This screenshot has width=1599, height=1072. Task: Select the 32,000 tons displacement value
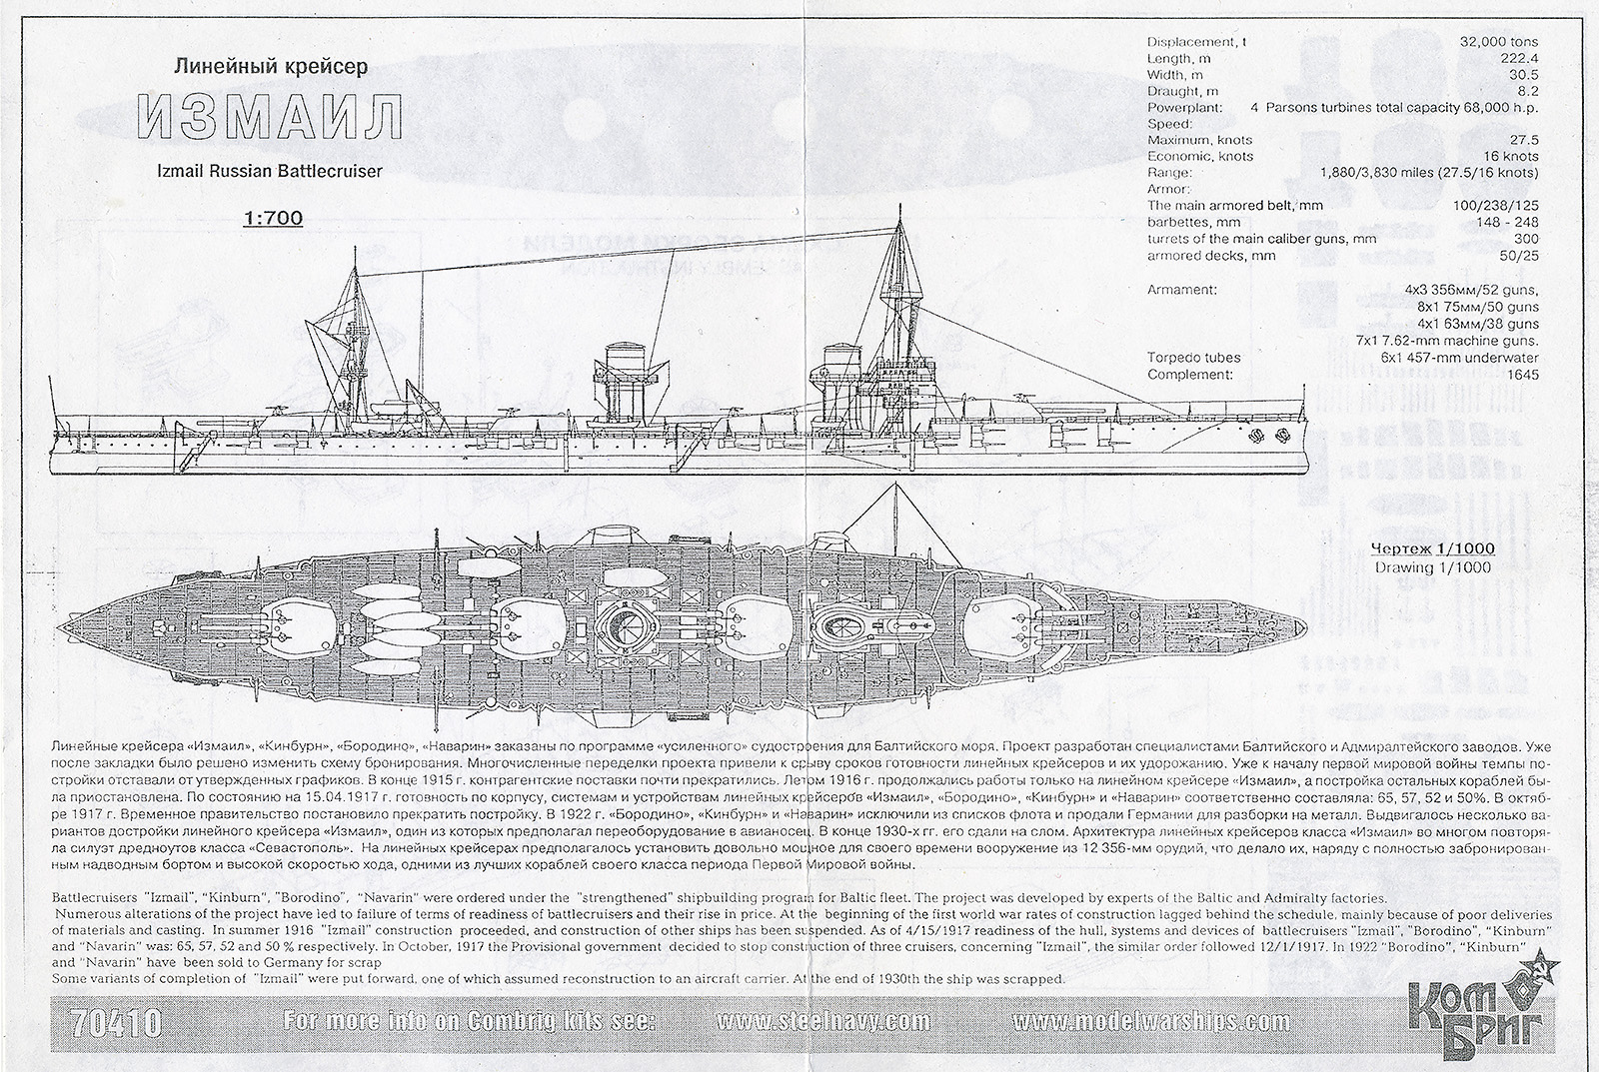(1503, 42)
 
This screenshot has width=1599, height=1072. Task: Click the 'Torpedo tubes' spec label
(1194, 358)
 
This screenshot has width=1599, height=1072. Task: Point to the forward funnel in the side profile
(835, 385)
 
